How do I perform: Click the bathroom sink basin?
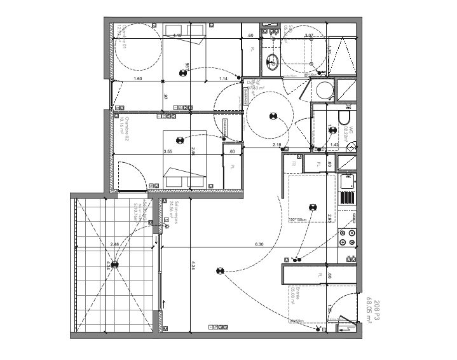point(273,61)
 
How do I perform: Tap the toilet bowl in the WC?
point(344,119)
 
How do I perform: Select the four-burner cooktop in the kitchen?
point(348,237)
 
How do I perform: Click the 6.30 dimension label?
point(259,244)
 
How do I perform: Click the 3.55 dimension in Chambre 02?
point(168,151)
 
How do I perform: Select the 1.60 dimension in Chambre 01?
point(138,78)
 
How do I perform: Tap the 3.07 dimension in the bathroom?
point(310,36)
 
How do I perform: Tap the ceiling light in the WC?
point(331,128)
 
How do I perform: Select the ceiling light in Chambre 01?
point(183,73)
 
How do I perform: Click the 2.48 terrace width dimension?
point(114,244)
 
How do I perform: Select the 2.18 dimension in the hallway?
point(277,146)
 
